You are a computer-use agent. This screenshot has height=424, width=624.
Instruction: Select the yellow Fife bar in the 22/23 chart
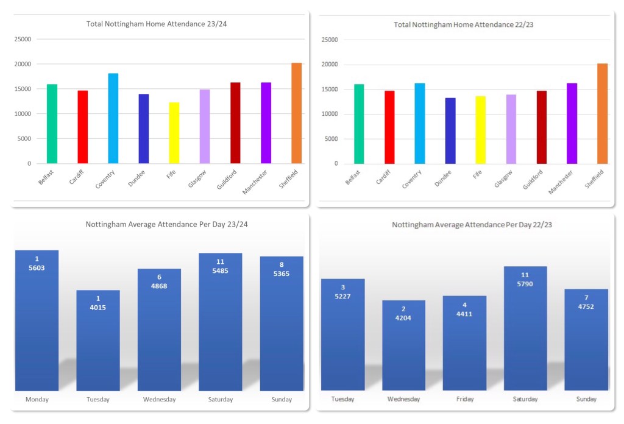[x=480, y=130]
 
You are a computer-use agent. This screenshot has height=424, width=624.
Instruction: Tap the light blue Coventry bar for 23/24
[x=113, y=118]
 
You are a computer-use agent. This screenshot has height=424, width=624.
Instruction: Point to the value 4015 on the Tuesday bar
[x=97, y=307]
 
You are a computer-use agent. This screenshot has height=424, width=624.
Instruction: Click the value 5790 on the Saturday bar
[x=525, y=283]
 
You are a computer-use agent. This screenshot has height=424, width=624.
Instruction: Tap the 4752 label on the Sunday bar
[x=586, y=306]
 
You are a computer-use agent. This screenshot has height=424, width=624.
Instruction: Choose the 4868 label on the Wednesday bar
[x=159, y=286]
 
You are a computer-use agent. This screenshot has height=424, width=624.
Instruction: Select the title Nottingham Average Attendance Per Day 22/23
[x=464, y=225]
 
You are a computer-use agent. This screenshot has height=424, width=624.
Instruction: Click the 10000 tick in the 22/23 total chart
[x=330, y=114]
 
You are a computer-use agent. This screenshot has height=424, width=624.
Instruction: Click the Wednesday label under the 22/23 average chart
[x=403, y=399]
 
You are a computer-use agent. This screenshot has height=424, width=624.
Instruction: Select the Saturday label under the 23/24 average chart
[x=220, y=400]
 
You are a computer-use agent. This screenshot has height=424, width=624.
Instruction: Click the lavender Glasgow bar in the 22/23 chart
[x=511, y=129]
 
